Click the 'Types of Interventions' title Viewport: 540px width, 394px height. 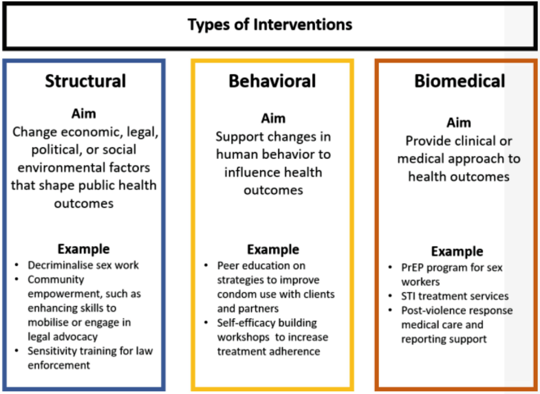point(270,25)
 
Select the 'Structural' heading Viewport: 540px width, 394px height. point(85,81)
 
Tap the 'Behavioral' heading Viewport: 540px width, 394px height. point(272,81)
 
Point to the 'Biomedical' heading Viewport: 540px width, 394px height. point(459,81)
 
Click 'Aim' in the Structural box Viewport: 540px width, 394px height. point(83,113)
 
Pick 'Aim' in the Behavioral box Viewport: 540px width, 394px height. point(272,118)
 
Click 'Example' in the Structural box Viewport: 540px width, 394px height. point(83,249)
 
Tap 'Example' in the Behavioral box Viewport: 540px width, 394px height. point(272,249)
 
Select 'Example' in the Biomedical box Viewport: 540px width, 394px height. point(457,252)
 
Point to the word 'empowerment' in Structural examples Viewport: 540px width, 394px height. point(57,294)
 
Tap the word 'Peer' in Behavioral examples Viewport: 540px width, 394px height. point(229,265)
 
